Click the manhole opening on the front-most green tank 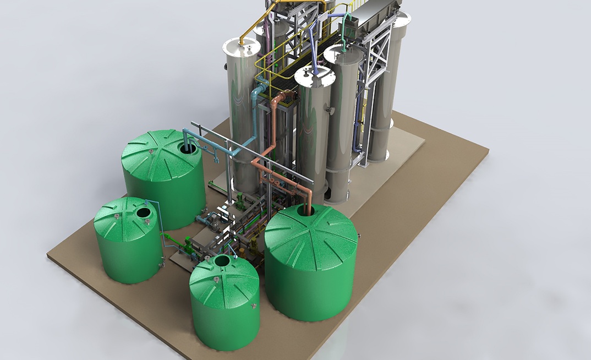[x=222, y=260]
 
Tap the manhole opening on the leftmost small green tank [x=143, y=212]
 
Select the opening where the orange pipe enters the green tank [x=305, y=210]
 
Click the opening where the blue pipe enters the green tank [x=188, y=148]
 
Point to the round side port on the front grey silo [x=330, y=111]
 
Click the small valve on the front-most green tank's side [x=254, y=305]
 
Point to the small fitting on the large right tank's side [x=359, y=235]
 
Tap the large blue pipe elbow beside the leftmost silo [x=259, y=88]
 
